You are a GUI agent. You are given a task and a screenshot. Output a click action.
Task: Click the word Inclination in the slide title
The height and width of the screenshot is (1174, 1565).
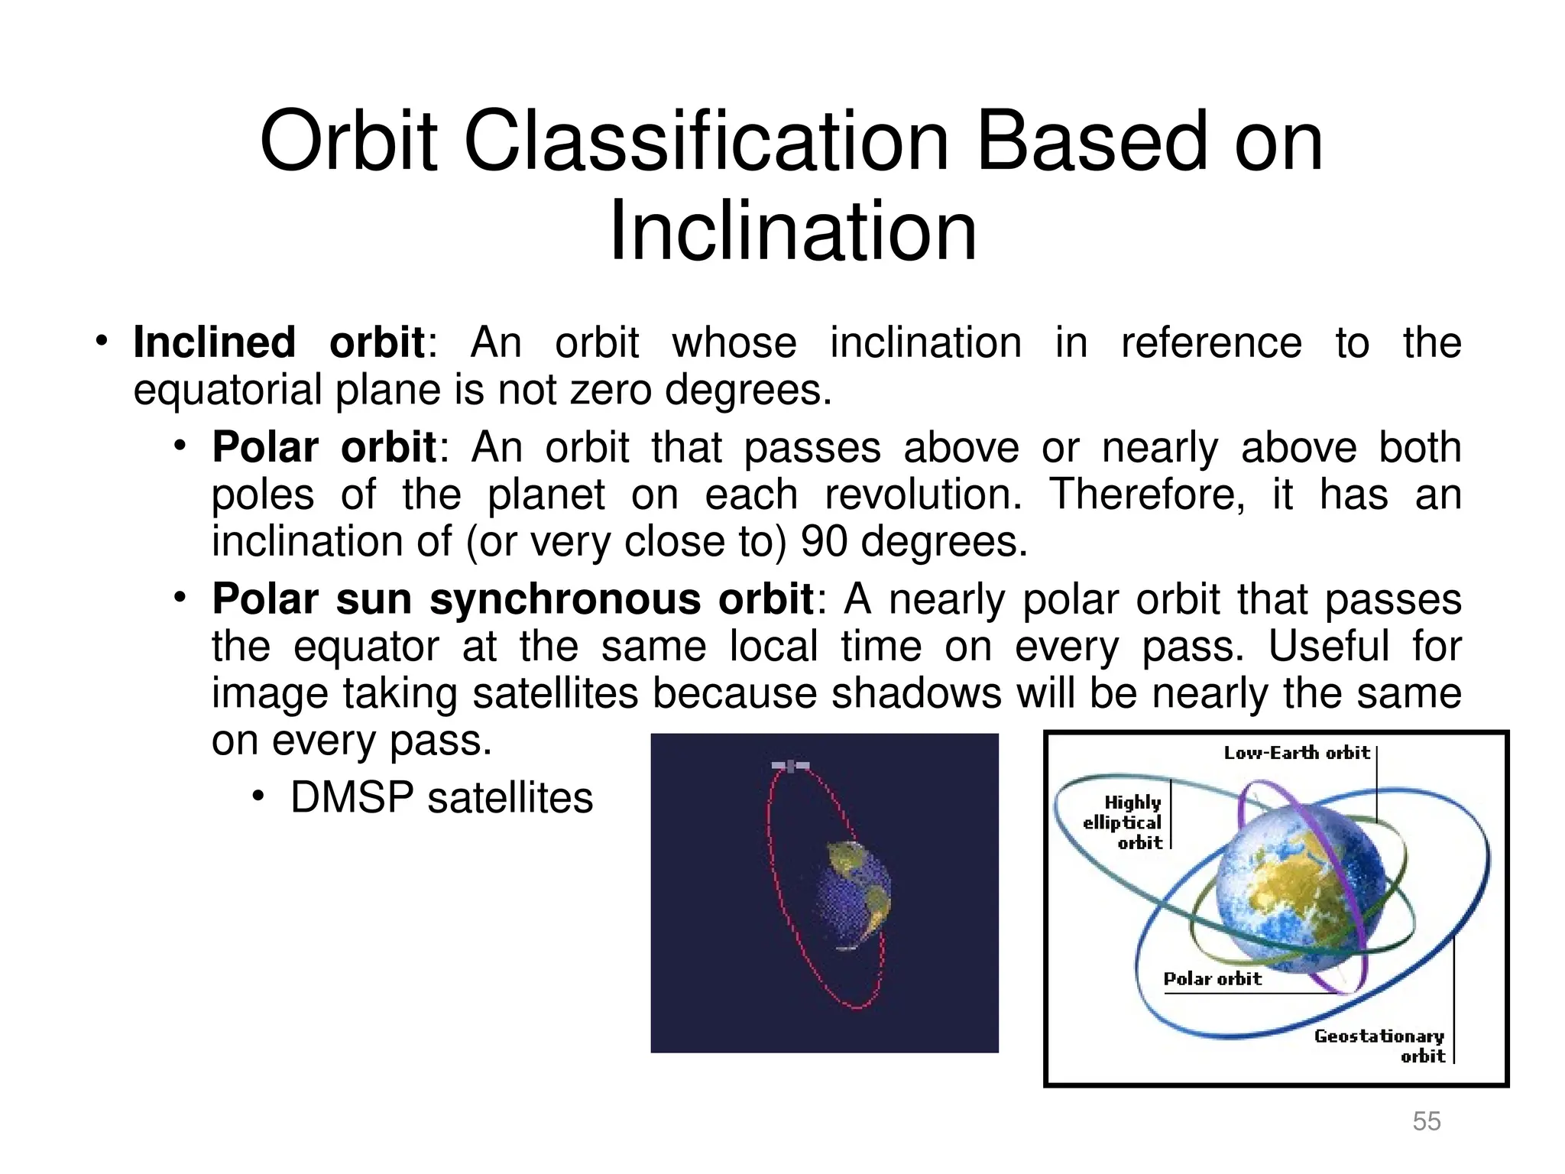tap(792, 231)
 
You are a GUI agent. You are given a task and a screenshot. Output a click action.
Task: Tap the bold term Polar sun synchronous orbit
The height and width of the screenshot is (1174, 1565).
tap(513, 598)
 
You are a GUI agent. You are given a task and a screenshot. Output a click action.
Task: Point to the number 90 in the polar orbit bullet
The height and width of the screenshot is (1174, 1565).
tap(823, 541)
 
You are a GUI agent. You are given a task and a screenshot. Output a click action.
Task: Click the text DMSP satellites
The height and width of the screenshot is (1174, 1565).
tap(442, 798)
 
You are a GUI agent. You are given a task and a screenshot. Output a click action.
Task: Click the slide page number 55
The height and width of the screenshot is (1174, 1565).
tap(1426, 1120)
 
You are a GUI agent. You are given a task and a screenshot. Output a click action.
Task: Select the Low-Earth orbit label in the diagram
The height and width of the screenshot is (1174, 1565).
tap(1296, 753)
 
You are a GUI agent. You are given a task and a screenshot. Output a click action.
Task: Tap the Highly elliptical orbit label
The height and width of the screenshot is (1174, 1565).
tap(1123, 822)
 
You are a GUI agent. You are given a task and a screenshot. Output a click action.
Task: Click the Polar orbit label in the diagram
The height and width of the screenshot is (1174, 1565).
tap(1212, 979)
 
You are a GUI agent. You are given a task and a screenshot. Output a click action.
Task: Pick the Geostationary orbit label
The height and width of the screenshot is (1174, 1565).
tap(1379, 1046)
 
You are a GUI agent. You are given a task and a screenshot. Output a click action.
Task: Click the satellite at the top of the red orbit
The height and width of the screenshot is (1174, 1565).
tap(790, 765)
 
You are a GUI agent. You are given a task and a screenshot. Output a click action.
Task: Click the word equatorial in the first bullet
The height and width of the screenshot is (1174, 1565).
tap(228, 390)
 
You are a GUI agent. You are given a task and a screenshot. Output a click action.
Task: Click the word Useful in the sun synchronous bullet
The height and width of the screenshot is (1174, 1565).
tap(1328, 647)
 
